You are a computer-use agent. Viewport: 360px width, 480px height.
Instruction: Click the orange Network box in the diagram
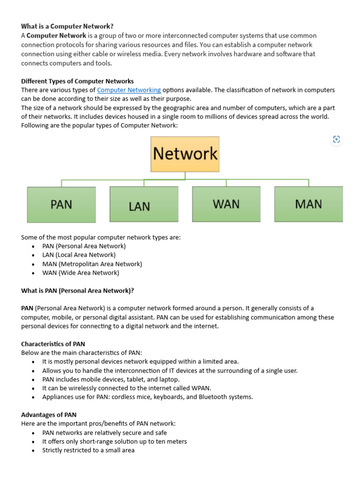(x=185, y=154)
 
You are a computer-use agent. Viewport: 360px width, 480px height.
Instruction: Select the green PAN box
(x=61, y=204)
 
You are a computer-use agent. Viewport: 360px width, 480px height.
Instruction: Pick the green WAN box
(x=226, y=204)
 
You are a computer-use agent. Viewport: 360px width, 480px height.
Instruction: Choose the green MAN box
(x=308, y=204)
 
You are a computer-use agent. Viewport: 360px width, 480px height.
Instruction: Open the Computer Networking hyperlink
(x=129, y=90)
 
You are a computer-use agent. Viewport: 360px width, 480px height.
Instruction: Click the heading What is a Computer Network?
(x=67, y=26)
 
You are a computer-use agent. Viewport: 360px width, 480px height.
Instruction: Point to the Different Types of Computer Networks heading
(x=77, y=81)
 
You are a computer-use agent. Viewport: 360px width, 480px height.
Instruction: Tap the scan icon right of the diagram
(x=336, y=139)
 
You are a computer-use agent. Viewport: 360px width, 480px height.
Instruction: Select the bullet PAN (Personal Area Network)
(x=84, y=246)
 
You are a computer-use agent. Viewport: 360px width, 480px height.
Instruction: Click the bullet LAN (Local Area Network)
(x=79, y=255)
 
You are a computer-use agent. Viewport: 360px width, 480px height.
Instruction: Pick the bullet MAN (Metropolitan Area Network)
(x=92, y=264)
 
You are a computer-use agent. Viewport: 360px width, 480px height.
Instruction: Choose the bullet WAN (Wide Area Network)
(x=81, y=273)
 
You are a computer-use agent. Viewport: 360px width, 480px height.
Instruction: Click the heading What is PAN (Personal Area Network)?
(x=77, y=291)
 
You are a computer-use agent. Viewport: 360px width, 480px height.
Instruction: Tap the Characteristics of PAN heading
(x=53, y=344)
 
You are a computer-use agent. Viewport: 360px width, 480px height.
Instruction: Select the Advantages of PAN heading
(x=49, y=415)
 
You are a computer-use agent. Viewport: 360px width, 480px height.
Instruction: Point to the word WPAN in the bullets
(x=201, y=388)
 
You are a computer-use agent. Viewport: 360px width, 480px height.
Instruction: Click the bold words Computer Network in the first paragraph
(x=56, y=36)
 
